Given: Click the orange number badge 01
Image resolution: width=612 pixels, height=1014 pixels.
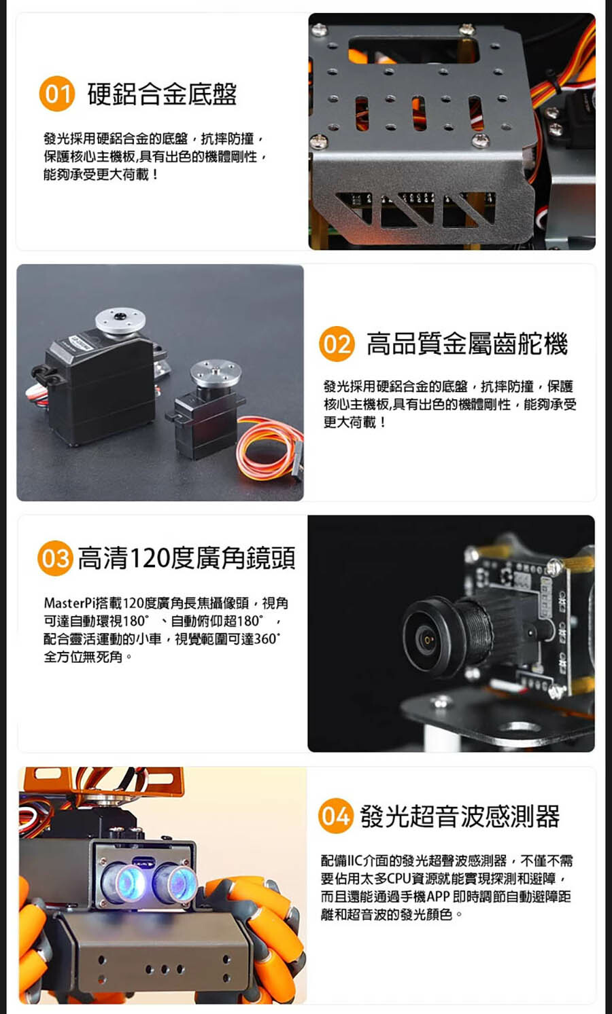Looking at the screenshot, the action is tap(57, 94).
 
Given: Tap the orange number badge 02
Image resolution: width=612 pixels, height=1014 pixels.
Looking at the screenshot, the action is tap(337, 344).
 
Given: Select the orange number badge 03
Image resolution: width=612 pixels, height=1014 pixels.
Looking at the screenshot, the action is tap(55, 558).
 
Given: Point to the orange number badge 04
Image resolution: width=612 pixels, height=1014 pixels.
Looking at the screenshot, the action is tap(336, 816).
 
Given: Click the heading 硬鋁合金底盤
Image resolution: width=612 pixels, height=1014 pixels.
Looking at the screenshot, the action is tap(162, 94).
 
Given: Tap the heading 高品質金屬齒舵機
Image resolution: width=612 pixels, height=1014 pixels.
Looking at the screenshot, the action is tap(467, 344).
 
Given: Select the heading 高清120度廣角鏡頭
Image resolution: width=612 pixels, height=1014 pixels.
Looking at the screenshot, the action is tap(186, 558).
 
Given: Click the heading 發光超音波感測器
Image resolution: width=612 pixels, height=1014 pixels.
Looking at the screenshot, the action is tap(460, 816).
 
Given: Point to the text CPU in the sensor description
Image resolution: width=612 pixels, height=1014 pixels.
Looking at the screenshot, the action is tap(398, 879).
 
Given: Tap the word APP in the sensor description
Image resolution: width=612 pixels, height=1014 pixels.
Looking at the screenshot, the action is tap(438, 897).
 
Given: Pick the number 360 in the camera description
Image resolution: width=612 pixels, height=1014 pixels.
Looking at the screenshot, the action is tap(265, 639).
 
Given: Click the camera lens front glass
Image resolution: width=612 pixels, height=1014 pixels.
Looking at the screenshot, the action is tap(426, 639).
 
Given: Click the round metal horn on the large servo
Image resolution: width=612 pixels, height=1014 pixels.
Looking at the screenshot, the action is tap(120, 321).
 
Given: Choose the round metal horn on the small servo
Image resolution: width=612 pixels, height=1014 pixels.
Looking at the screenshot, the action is tap(216, 373).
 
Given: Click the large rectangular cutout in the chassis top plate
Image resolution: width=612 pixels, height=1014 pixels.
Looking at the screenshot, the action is tap(413, 50).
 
